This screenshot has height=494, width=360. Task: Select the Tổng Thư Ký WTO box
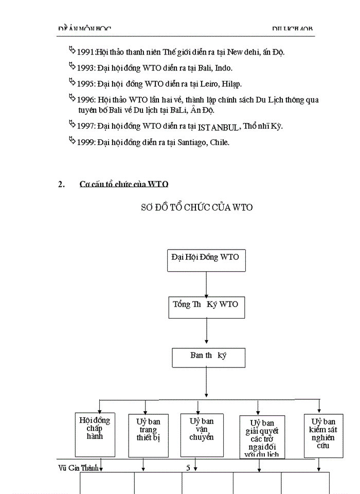[206, 308]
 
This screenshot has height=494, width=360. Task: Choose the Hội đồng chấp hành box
[95, 434]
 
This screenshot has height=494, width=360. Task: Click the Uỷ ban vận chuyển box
[197, 434]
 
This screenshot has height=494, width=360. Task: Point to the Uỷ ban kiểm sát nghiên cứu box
[323, 435]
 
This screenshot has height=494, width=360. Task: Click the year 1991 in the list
[85, 52]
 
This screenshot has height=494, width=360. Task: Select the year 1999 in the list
[85, 143]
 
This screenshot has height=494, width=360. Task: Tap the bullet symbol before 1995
[71, 81]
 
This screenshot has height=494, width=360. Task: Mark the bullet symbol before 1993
[71, 66]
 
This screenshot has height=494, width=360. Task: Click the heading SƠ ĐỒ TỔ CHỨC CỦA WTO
[196, 208]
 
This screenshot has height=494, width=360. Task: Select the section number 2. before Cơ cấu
[61, 184]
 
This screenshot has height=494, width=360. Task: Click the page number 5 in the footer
[188, 468]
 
